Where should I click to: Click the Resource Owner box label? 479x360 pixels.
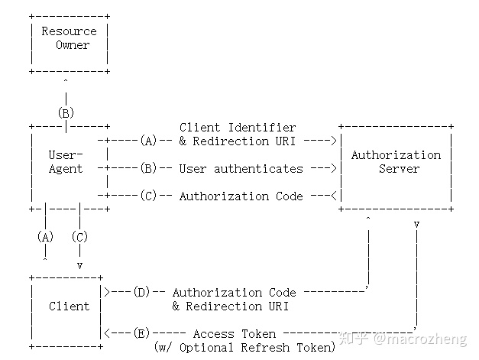tap(69, 38)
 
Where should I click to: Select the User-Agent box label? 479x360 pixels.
tap(66, 161)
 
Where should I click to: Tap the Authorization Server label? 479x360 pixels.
tap(396, 161)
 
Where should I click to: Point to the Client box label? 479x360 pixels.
tap(69, 306)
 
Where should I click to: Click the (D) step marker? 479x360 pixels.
tap(141, 292)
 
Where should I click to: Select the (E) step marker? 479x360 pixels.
tap(141, 333)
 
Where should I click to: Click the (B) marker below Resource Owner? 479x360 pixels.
tap(66, 112)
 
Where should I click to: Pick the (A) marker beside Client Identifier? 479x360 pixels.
tap(148, 141)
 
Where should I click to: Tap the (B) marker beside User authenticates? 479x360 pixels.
tap(148, 168)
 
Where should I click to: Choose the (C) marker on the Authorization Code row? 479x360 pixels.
tap(148, 196)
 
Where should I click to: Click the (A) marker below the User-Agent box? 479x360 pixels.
tap(45, 236)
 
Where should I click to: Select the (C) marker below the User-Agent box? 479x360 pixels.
tap(79, 236)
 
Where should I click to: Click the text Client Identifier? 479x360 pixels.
tap(237, 127)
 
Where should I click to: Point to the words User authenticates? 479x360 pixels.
tap(241, 168)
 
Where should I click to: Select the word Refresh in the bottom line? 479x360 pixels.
tap(264, 347)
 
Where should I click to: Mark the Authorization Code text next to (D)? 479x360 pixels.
tap(234, 292)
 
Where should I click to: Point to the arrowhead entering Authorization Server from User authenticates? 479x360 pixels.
tap(334, 168)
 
